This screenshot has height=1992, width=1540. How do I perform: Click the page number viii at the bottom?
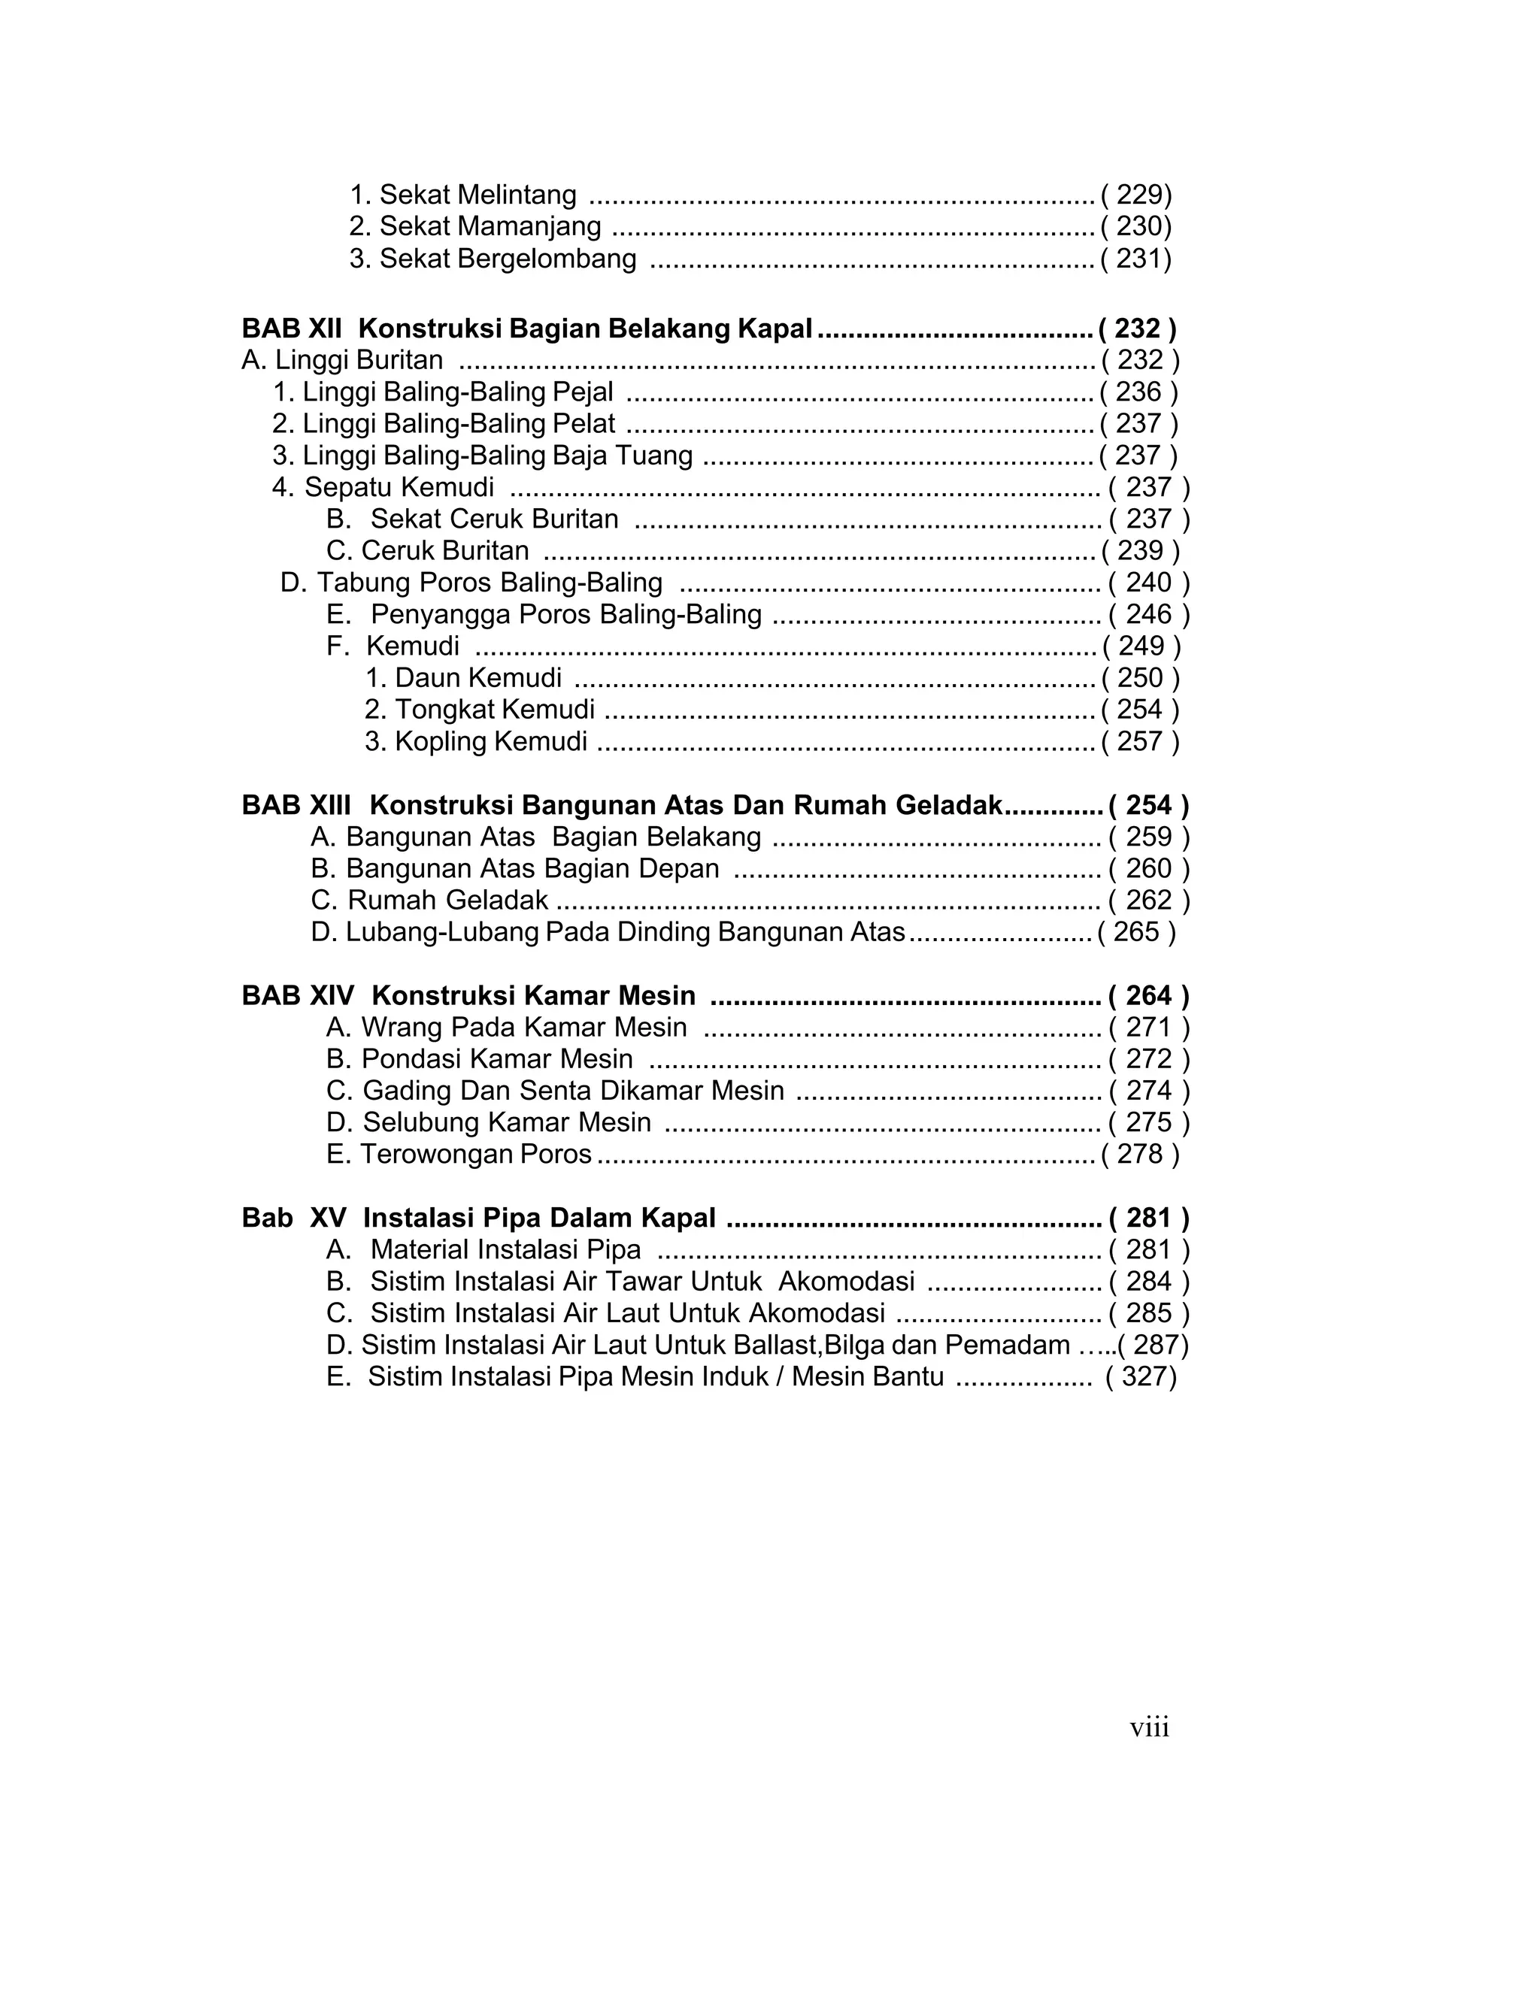tap(1149, 1727)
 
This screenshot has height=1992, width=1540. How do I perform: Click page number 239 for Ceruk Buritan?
tap(1141, 551)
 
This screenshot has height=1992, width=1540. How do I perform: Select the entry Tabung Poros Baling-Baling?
tap(471, 583)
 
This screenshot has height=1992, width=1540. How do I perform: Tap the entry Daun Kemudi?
tap(463, 679)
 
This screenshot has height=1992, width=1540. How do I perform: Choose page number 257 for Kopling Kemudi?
tap(1139, 741)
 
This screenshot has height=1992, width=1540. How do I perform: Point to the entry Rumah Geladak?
tap(429, 901)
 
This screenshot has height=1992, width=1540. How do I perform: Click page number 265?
tap(1136, 932)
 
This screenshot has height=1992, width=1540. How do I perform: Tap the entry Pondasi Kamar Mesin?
tap(480, 1060)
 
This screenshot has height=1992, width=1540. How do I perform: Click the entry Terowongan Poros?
tap(459, 1155)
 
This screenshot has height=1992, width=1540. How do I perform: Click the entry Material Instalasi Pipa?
tap(484, 1251)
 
